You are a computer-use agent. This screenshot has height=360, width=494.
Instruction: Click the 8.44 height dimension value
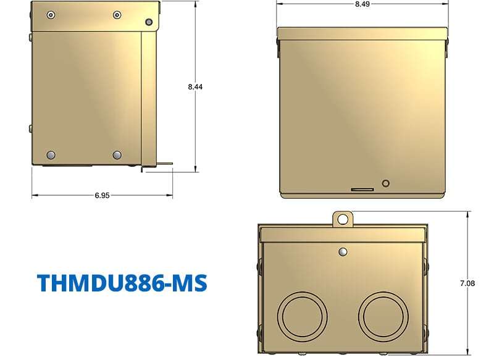point(196,87)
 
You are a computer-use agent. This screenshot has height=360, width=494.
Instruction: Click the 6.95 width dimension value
point(103,196)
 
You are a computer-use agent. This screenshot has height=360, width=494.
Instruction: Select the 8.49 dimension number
point(363,4)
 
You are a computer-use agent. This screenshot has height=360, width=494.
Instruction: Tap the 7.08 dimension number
point(467,283)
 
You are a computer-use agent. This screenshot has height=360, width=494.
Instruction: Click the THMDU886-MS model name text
point(122,282)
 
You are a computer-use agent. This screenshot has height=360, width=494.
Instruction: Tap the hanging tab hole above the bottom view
point(341,218)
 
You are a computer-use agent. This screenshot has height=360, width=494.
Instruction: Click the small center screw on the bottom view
point(342,252)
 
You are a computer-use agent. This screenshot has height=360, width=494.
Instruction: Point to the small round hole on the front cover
point(387,183)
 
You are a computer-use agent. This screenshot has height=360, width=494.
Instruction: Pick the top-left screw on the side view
point(51,14)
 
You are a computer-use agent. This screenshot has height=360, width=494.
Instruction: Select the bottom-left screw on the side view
point(51,154)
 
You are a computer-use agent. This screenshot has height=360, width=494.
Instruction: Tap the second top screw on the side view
point(117,14)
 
